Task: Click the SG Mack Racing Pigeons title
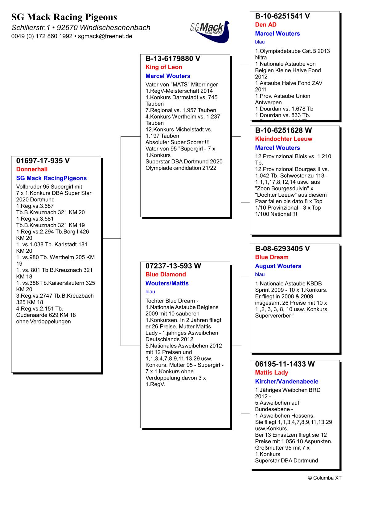pos(64,17)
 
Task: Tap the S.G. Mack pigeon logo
pos(210,31)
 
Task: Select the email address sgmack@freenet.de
pos(105,36)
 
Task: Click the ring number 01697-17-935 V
pos(43,161)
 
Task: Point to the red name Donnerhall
pos(32,169)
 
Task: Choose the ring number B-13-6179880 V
pos(173,58)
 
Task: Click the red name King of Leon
pos(164,67)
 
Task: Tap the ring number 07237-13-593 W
pos(173,266)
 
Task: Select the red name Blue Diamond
pos(166,275)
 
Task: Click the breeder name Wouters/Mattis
pos(167,283)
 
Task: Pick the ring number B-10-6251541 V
pos(282,16)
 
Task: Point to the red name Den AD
pos(266,25)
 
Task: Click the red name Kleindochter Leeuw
pos(284,139)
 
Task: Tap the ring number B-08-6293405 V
pos(282,249)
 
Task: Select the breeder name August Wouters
pos(278,266)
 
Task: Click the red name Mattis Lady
pos(271,373)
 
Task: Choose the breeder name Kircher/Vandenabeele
pos(287,382)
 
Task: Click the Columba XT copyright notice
pos(325,478)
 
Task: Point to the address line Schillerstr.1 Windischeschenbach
pos(81,28)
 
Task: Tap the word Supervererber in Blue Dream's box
pos(273,316)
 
